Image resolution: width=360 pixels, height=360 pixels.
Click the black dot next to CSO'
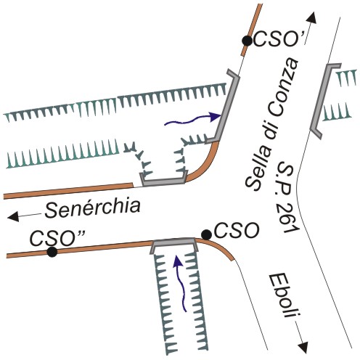[x=247, y=41]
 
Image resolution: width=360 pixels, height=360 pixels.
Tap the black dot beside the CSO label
[x=206, y=234]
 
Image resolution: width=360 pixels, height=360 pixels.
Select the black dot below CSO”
[x=52, y=252]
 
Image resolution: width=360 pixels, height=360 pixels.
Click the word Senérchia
[x=93, y=208]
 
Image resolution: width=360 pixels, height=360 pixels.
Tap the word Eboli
[x=283, y=295]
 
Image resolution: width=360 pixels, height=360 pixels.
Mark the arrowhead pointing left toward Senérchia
[x=13, y=216]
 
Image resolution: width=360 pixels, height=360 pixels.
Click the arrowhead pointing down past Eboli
[x=302, y=348]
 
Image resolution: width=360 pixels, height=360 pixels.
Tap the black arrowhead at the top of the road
[x=311, y=17]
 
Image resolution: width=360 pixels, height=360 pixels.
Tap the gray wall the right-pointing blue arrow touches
[x=226, y=107]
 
